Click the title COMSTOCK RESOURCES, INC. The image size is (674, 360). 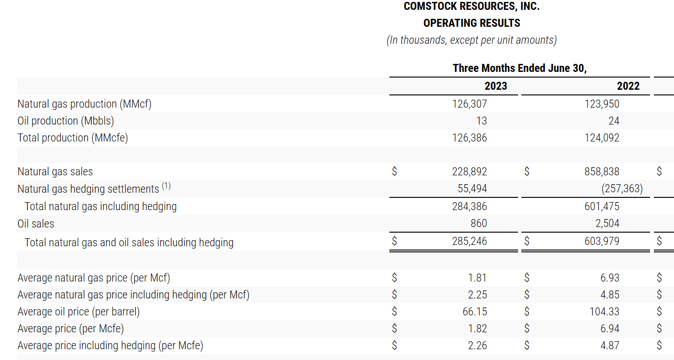tap(472, 7)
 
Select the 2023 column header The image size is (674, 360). tap(496, 86)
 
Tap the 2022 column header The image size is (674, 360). tap(628, 86)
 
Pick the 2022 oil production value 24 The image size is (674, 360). tap(613, 121)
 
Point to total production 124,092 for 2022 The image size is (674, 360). tap(602, 138)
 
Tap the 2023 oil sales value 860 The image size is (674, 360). tap(479, 223)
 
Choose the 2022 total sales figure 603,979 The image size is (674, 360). tap(602, 241)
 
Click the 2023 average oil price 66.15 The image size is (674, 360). tap(475, 312)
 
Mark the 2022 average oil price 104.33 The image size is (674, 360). tap(604, 312)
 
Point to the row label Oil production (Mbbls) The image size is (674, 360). tap(66, 121)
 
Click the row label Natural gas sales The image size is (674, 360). tap(55, 172)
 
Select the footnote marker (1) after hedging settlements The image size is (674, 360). tap(166, 186)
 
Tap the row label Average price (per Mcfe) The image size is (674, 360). tap(70, 329)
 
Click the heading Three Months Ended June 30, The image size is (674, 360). tap(519, 68)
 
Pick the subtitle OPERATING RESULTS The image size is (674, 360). tap(472, 23)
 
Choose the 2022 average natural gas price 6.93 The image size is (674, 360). tap(610, 278)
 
